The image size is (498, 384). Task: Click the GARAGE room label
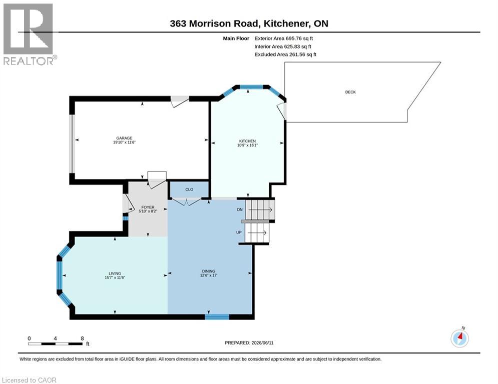[124, 138]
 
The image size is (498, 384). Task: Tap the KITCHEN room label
[247, 141]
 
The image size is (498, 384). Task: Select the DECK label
[350, 92]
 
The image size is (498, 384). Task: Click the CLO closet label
[189, 189]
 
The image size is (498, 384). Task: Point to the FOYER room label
[148, 207]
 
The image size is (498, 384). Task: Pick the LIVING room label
[115, 273]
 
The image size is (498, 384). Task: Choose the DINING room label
[209, 271]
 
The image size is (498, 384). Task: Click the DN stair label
[240, 209]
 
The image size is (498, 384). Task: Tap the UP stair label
[239, 232]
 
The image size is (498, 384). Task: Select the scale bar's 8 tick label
[82, 338]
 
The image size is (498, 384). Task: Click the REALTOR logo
[29, 34]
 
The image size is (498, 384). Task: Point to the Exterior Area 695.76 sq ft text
[284, 38]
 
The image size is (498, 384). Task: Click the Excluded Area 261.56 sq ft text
[285, 54]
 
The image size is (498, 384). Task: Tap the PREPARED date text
[249, 342]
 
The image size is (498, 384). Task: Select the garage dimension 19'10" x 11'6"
[124, 142]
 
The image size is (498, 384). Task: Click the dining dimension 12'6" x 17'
[209, 275]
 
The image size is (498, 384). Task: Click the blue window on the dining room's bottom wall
[217, 316]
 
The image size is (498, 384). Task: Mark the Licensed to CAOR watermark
[29, 380]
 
